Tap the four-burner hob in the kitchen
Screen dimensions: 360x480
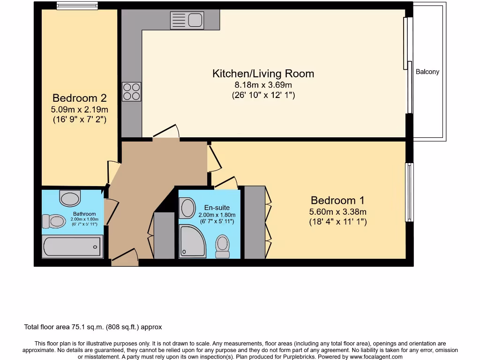click(x=131, y=91)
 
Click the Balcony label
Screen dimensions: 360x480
click(x=427, y=72)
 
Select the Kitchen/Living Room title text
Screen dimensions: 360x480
click(x=263, y=74)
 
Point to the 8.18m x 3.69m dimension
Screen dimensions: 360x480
click(x=263, y=85)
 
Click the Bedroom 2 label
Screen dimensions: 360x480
click(x=79, y=98)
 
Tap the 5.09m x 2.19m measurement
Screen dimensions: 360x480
click(x=79, y=110)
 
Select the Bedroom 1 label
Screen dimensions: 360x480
click(x=337, y=201)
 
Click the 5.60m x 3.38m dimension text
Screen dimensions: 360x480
click(x=337, y=212)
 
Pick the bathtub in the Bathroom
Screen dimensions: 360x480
click(x=72, y=247)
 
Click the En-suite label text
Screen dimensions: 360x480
click(x=217, y=208)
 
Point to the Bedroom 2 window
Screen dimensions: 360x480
click(x=77, y=6)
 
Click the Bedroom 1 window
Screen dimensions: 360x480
click(x=410, y=192)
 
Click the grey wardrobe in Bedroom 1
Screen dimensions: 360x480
click(x=255, y=222)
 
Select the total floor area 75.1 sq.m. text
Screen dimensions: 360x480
click(x=93, y=327)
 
